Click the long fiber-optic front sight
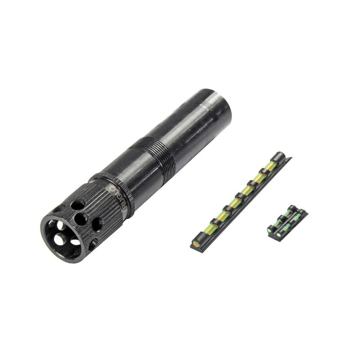coord(238,198)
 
